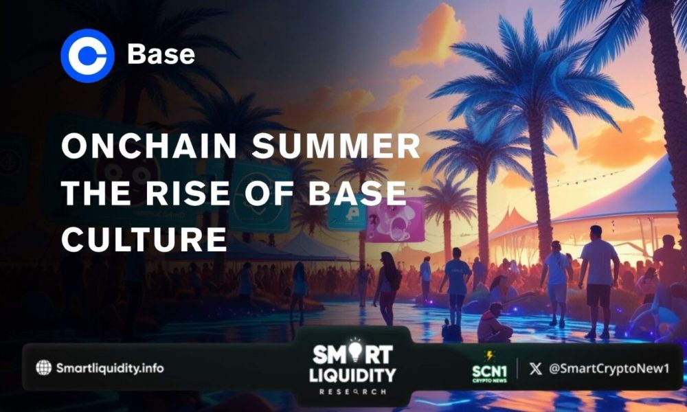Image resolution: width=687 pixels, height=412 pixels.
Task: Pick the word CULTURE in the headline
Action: tap(144, 238)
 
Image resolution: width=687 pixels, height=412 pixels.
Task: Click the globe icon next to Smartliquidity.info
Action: tap(44, 367)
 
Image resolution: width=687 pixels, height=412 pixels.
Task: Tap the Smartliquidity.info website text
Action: tap(109, 368)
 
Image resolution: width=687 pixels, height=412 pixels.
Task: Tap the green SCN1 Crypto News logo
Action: tap(489, 369)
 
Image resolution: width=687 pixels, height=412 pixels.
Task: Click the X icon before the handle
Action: tap(536, 368)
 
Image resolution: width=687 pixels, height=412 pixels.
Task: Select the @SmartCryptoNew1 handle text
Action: tap(609, 368)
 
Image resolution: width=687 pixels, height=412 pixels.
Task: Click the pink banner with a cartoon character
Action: tap(395, 221)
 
